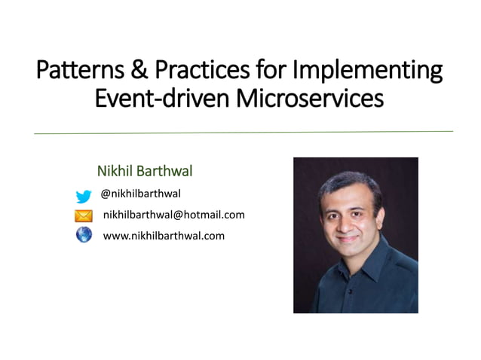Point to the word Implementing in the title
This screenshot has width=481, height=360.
click(367, 71)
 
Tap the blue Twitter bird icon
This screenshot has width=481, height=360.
click(84, 196)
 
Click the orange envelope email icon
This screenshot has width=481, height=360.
click(84, 216)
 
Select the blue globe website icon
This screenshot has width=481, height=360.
click(84, 236)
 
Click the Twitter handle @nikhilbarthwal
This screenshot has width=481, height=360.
click(141, 194)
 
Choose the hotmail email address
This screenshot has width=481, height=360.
click(173, 215)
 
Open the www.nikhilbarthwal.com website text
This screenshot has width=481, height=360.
click(164, 236)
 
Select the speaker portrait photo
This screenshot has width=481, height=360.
click(355, 235)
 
